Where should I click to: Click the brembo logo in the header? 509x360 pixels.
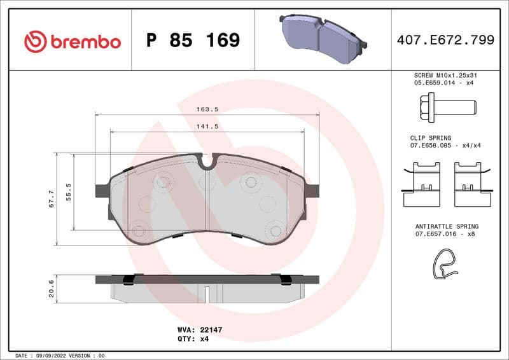click(x=72, y=41)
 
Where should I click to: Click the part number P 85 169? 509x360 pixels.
click(x=193, y=41)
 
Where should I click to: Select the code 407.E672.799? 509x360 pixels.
click(x=445, y=41)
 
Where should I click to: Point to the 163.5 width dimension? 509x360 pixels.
click(x=207, y=109)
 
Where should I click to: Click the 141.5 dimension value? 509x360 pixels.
click(x=207, y=127)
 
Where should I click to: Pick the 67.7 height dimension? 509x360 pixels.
click(x=51, y=198)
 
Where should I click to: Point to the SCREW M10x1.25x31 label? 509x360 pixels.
click(x=445, y=75)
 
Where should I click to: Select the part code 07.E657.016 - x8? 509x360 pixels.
click(x=445, y=234)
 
